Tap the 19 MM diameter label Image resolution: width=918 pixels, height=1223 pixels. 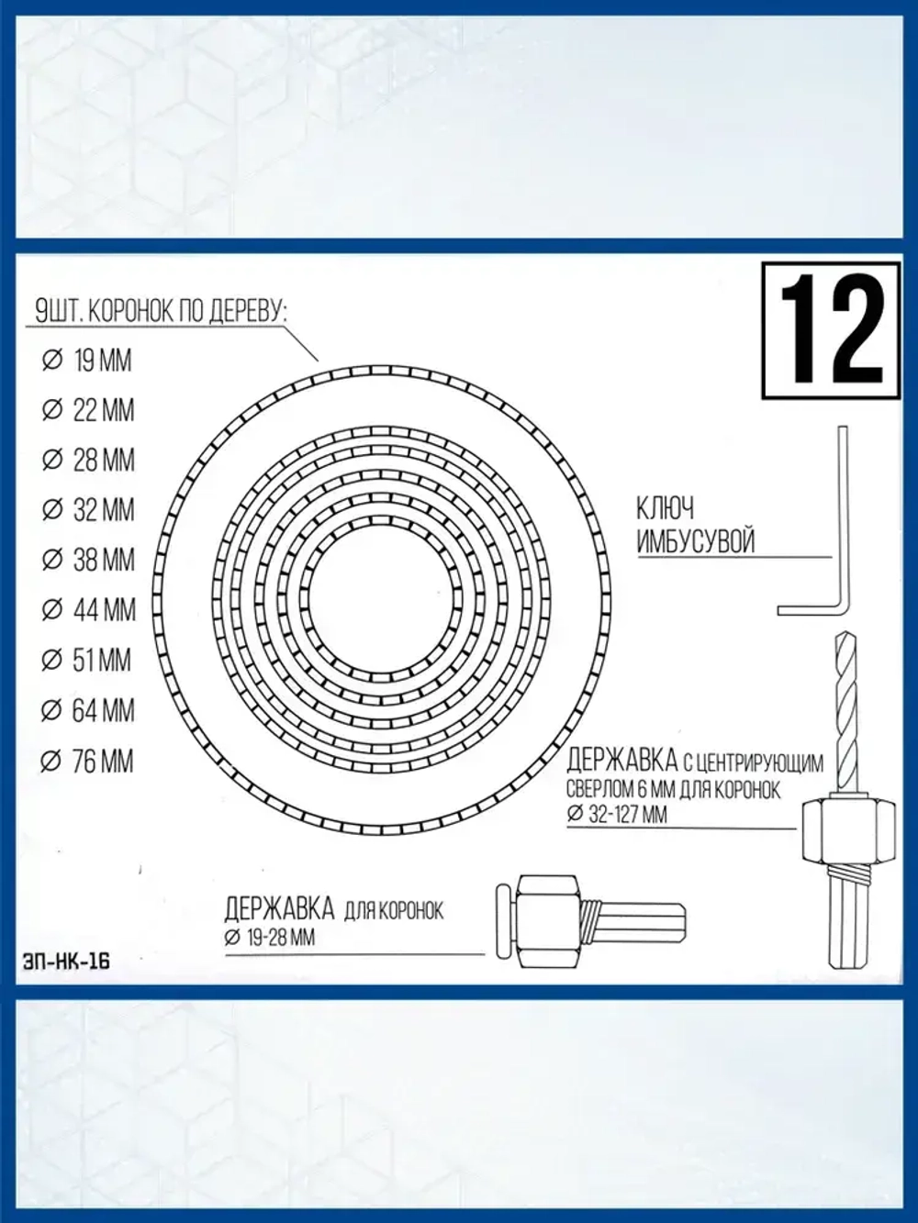click(x=88, y=361)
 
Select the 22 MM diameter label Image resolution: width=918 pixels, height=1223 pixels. click(x=88, y=410)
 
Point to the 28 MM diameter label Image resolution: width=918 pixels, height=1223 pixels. click(x=88, y=460)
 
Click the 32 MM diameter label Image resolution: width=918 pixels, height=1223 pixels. click(x=88, y=510)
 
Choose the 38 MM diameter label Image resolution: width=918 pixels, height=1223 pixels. click(x=88, y=560)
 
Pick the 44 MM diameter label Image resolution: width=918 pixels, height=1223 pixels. click(x=88, y=610)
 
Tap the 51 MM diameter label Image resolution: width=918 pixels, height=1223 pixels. click(x=88, y=661)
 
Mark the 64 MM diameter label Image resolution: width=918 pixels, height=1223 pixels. click(x=88, y=711)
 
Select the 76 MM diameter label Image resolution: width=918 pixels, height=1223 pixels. click(x=88, y=762)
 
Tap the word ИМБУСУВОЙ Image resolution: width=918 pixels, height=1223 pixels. click(x=695, y=541)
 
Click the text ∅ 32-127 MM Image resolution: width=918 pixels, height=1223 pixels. click(x=618, y=814)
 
